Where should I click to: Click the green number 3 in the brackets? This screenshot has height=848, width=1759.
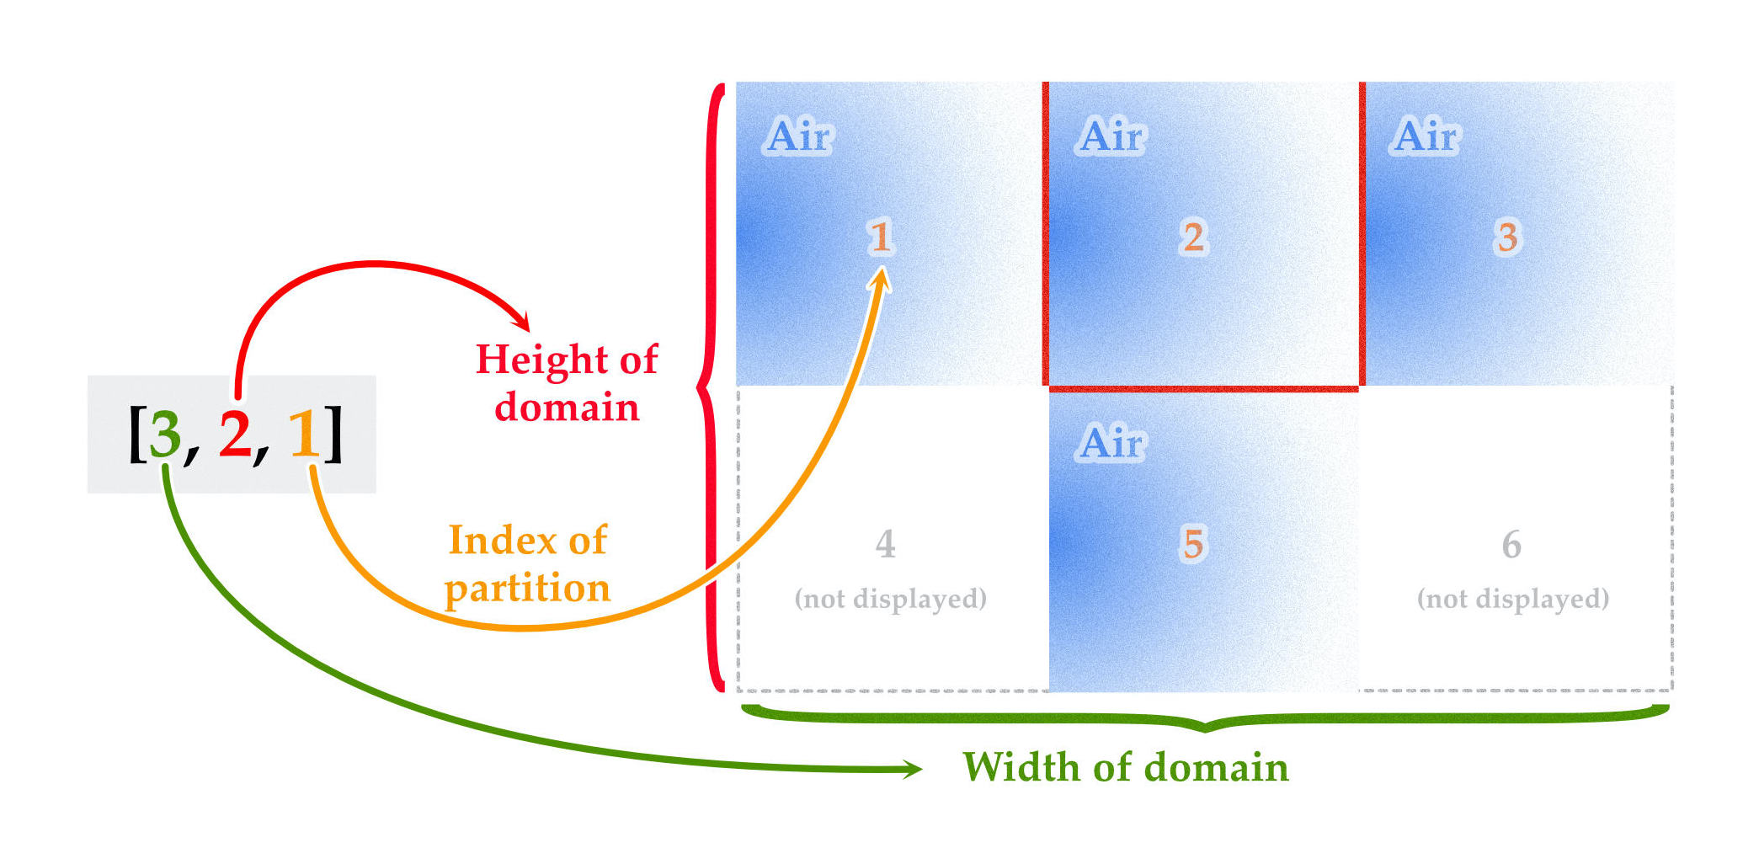(165, 434)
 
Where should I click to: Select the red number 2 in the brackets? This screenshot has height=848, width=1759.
(235, 434)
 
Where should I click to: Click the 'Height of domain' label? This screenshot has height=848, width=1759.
(567, 383)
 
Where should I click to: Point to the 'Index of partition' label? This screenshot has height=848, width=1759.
(528, 563)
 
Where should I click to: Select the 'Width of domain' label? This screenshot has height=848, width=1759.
(1126, 767)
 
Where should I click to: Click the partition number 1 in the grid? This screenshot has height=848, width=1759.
(881, 237)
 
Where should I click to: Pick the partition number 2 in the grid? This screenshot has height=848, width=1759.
(1193, 237)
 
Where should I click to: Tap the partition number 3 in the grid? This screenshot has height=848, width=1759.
(1507, 237)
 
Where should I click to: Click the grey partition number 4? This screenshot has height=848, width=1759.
(885, 544)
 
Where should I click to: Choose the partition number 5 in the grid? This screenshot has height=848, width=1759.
(1193, 544)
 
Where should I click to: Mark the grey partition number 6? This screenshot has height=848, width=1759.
(1511, 544)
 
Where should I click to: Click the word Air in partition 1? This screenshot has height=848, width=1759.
(799, 136)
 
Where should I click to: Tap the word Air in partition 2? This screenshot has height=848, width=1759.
(1111, 136)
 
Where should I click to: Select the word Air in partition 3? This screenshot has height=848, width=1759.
(1426, 136)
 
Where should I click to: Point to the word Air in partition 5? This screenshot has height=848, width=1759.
(1111, 442)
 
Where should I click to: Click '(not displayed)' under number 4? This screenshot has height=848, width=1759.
(890, 599)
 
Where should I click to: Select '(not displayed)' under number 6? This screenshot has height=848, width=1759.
(1513, 599)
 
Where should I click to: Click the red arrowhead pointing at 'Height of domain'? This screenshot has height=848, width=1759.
(521, 321)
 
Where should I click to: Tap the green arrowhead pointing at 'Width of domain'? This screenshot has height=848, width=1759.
(912, 768)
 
